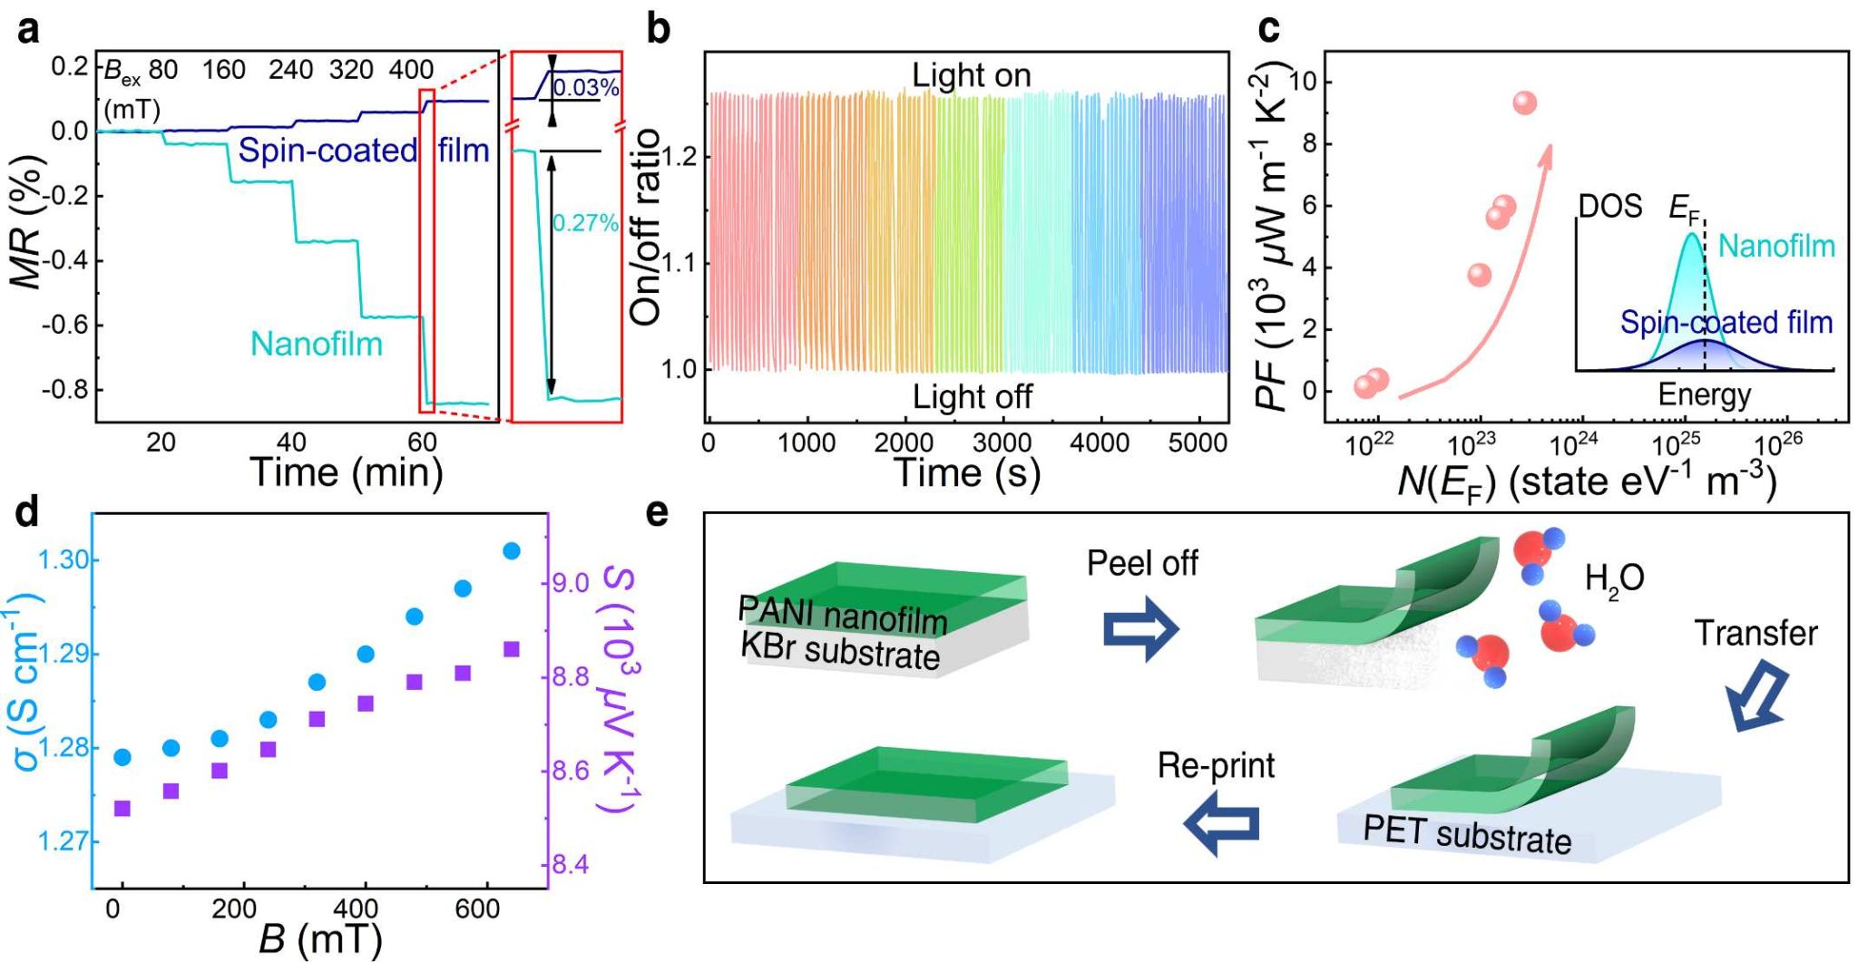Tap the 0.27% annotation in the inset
[x=585, y=223]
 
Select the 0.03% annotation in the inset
[x=586, y=88]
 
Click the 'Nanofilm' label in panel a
[x=317, y=345]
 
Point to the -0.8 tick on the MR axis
[x=66, y=390]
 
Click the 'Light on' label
[x=972, y=75]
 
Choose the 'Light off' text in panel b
[x=972, y=397]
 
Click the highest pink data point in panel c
[x=1525, y=103]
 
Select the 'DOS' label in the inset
[x=1610, y=208]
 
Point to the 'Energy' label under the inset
[x=1705, y=395]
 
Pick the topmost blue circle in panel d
[x=512, y=551]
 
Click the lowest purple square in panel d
[x=122, y=808]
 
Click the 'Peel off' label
[x=1142, y=564]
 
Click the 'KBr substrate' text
[x=840, y=651]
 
